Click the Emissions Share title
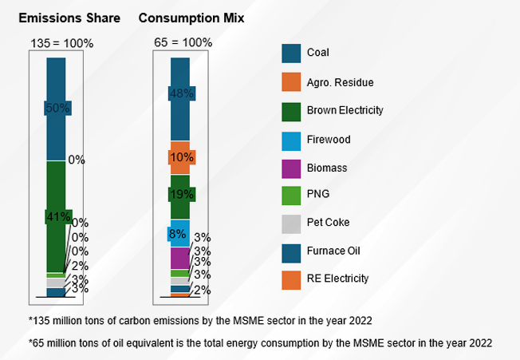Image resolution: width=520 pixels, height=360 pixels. click(x=69, y=18)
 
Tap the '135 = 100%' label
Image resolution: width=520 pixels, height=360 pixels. click(x=61, y=43)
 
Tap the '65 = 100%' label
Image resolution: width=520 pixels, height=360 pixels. click(x=182, y=43)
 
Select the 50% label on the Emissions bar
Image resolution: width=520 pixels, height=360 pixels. click(x=57, y=108)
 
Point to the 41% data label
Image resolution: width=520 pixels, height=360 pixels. click(x=57, y=216)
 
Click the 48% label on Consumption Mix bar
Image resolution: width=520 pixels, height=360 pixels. click(x=182, y=93)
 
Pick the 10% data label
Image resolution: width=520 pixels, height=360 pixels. click(x=181, y=157)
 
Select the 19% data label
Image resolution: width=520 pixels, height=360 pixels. click(x=181, y=194)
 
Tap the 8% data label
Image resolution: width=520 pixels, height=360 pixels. click(x=176, y=235)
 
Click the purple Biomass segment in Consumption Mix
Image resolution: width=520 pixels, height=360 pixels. click(x=179, y=258)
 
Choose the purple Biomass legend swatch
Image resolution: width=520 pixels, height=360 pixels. click(x=291, y=168)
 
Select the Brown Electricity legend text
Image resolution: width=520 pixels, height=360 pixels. click(x=345, y=111)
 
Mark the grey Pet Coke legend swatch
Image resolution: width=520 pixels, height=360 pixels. click(x=291, y=223)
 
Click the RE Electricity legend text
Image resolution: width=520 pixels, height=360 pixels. click(x=338, y=279)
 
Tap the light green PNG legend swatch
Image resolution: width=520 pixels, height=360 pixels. click(x=291, y=195)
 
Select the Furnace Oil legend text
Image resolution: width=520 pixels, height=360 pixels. click(x=333, y=251)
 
